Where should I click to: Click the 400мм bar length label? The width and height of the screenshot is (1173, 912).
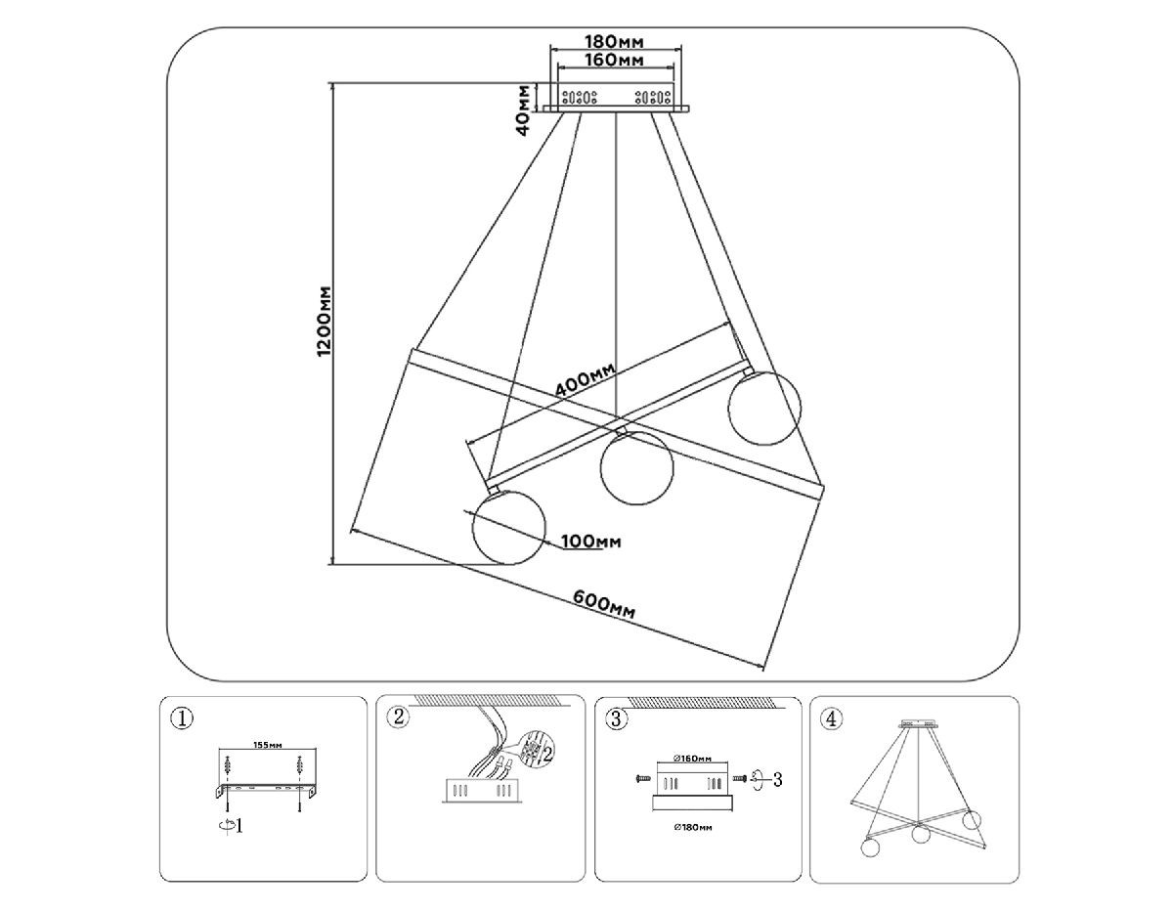click(585, 380)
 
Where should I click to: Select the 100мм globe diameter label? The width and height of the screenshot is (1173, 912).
click(594, 542)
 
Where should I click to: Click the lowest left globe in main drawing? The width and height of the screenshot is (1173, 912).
click(507, 528)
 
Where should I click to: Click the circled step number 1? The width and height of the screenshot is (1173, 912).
click(182, 718)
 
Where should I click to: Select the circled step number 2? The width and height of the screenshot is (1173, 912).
click(398, 718)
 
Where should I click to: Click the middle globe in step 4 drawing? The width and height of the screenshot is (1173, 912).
click(919, 835)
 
